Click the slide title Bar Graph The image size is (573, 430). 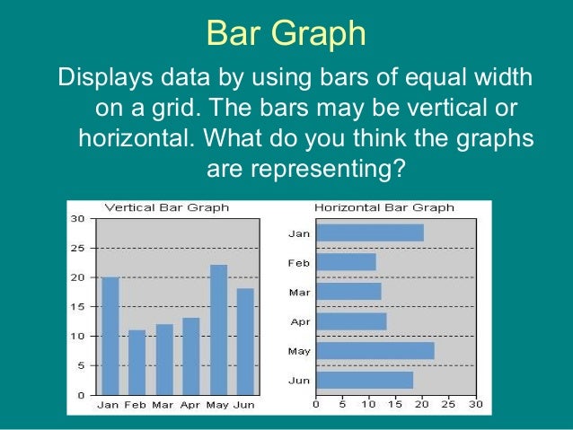coord(286,33)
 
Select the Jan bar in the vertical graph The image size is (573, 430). coord(110,336)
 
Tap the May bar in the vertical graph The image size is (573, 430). coord(218,329)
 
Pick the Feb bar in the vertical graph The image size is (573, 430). coord(137,362)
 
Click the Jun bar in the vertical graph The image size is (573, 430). coord(245,341)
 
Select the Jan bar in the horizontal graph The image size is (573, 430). coord(369,233)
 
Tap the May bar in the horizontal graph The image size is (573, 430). coord(375,351)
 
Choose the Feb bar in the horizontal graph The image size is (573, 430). coord(346,262)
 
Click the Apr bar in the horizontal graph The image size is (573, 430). coord(351,321)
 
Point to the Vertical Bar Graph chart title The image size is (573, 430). coord(166,207)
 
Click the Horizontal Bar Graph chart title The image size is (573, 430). coord(383,207)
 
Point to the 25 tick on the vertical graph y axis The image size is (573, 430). coord(78,248)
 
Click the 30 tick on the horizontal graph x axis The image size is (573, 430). coord(475,404)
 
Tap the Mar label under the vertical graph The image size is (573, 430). coord(163,405)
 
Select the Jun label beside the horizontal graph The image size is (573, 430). coord(299,381)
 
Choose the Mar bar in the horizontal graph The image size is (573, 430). coord(348,292)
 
